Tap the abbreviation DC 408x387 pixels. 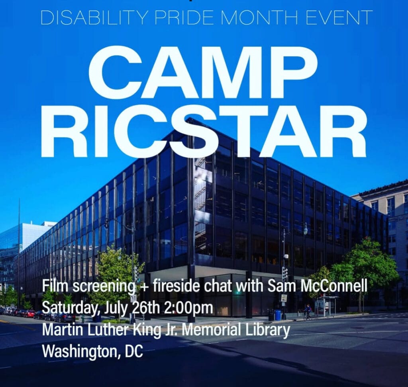click(x=134, y=352)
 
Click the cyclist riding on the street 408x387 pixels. click(x=307, y=313)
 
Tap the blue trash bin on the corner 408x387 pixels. click(x=278, y=315)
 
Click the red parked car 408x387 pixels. click(x=29, y=314)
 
